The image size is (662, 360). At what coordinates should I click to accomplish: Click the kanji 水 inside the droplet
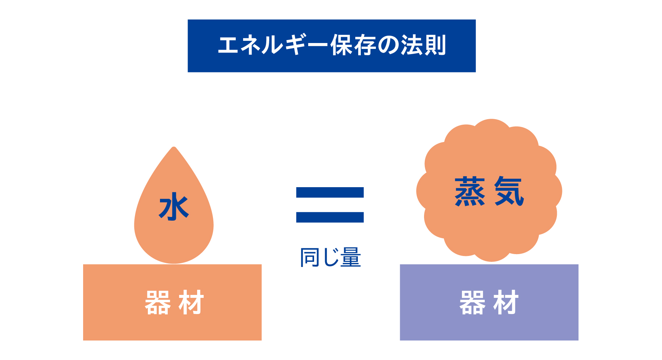[x=174, y=207]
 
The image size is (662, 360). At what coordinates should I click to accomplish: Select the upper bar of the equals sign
[x=330, y=192]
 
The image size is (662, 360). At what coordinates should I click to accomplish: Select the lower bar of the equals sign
[x=330, y=217]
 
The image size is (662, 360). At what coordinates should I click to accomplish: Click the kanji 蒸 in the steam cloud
[x=470, y=191]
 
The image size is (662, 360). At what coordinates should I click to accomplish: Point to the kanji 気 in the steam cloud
[x=509, y=191]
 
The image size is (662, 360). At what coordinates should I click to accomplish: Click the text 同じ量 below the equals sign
[x=330, y=257]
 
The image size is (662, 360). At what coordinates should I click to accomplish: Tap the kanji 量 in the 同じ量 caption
[x=350, y=257]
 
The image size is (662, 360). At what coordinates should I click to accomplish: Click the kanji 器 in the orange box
[x=157, y=303]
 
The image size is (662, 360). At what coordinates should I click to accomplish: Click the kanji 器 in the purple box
[x=472, y=303]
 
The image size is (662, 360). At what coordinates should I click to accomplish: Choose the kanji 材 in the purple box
[x=506, y=303]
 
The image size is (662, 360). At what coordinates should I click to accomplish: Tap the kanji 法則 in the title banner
[x=423, y=46]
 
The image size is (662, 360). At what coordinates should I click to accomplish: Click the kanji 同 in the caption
[x=309, y=257]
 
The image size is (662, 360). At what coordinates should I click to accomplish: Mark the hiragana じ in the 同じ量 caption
[x=330, y=257]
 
